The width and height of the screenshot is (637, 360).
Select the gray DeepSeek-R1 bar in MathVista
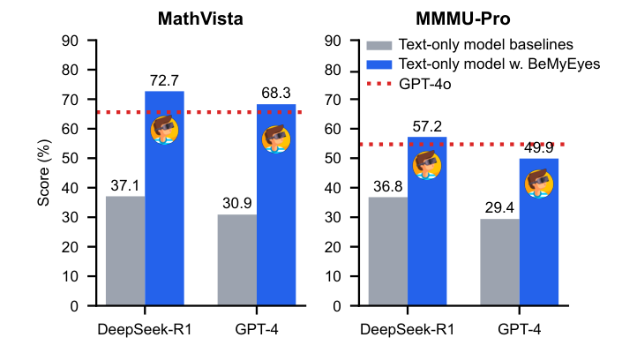click(125, 251)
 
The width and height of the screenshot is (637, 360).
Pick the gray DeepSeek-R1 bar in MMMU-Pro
click(388, 251)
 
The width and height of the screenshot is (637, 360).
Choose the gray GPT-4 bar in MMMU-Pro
click(499, 262)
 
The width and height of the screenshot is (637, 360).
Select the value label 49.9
click(538, 148)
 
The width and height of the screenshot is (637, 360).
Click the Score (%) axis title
click(43, 172)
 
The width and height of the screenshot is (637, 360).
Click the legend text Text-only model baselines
click(486, 44)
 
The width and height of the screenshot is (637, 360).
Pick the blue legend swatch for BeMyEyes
click(378, 64)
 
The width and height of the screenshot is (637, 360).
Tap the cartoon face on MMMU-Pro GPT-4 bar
click(538, 183)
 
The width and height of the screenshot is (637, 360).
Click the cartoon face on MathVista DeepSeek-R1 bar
click(165, 131)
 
